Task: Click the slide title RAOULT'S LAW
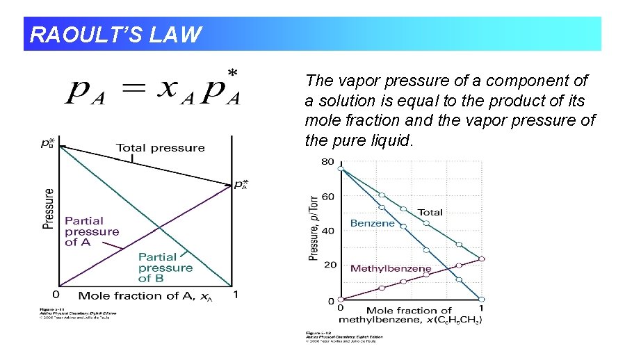click(x=116, y=34)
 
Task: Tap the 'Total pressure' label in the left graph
click(x=160, y=147)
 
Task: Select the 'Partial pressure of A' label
click(x=92, y=231)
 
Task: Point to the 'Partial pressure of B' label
click(x=165, y=268)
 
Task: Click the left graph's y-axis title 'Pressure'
click(x=48, y=208)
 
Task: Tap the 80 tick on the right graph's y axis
click(x=327, y=162)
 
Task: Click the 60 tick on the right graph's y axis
click(x=327, y=197)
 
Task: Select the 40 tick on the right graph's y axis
click(x=327, y=231)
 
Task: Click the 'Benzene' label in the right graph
click(x=372, y=223)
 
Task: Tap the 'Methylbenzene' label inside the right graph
click(x=390, y=268)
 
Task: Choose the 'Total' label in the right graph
click(x=430, y=212)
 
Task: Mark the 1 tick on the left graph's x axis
click(x=235, y=295)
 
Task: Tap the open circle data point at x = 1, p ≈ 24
click(x=482, y=259)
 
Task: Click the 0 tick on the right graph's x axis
click(x=340, y=308)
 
